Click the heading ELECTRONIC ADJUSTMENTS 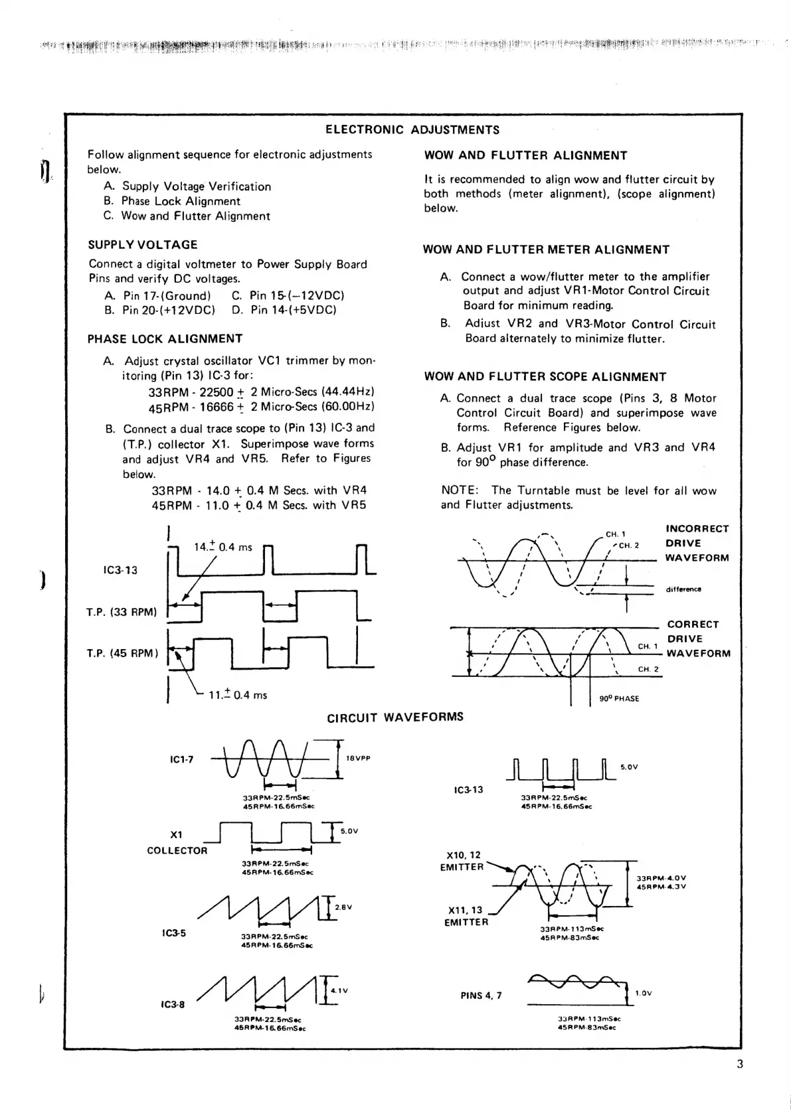(412, 130)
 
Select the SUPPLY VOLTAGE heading (143, 245)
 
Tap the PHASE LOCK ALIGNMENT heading (165, 339)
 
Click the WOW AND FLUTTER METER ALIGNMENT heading (546, 250)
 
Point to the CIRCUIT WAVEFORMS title (395, 717)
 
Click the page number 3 (740, 1065)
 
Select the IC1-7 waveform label (181, 759)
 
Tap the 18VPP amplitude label (358, 758)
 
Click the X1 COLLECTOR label (177, 842)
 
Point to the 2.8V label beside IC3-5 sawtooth (343, 907)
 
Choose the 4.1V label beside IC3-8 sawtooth (339, 991)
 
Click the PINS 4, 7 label (481, 995)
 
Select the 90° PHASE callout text (619, 698)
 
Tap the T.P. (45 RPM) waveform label (122, 653)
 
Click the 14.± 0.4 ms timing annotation (223, 548)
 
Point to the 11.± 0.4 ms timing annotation (238, 695)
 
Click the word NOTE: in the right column (460, 490)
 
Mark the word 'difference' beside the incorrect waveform (683, 589)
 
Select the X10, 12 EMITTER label (462, 861)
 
